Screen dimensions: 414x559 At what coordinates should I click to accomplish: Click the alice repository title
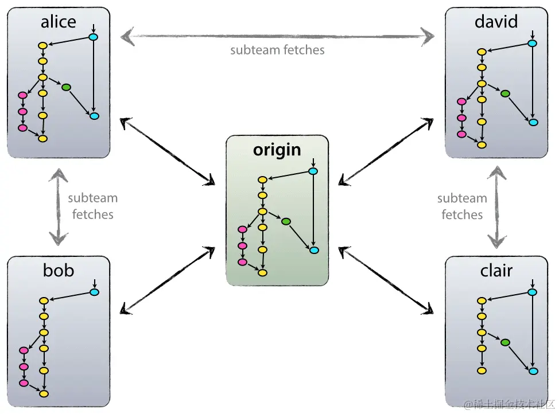(58, 22)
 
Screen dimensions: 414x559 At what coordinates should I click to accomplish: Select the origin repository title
(277, 150)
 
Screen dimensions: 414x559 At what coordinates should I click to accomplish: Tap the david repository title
(496, 22)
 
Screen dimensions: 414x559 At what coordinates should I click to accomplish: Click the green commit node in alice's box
(66, 87)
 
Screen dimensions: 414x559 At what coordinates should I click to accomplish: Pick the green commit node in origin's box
(286, 221)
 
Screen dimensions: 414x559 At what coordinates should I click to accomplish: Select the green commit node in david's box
(505, 93)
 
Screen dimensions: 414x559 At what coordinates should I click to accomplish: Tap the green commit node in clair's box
(505, 342)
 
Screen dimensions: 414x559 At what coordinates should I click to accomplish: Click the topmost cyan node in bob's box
(95, 292)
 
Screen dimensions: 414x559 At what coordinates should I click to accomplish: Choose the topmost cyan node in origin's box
(313, 171)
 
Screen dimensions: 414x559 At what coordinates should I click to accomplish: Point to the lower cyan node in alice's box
(95, 116)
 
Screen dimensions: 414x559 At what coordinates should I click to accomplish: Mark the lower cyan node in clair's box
(533, 371)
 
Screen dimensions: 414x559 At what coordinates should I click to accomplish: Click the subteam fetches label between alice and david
(277, 50)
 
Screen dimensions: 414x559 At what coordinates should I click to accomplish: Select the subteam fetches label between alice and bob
(92, 206)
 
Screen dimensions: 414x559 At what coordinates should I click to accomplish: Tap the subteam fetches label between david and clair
(462, 206)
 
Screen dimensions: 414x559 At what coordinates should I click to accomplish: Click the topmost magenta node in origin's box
(242, 229)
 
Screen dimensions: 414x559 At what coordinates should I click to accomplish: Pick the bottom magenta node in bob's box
(24, 382)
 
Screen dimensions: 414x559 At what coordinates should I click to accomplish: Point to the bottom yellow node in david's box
(482, 144)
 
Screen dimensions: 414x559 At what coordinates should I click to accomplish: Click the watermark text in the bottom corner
(508, 405)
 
